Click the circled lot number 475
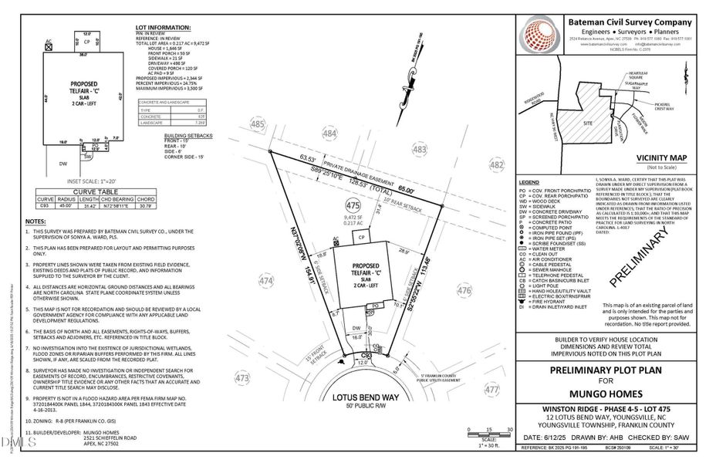pos(353,206)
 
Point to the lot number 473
pos(241,378)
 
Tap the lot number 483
pos(420,148)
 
